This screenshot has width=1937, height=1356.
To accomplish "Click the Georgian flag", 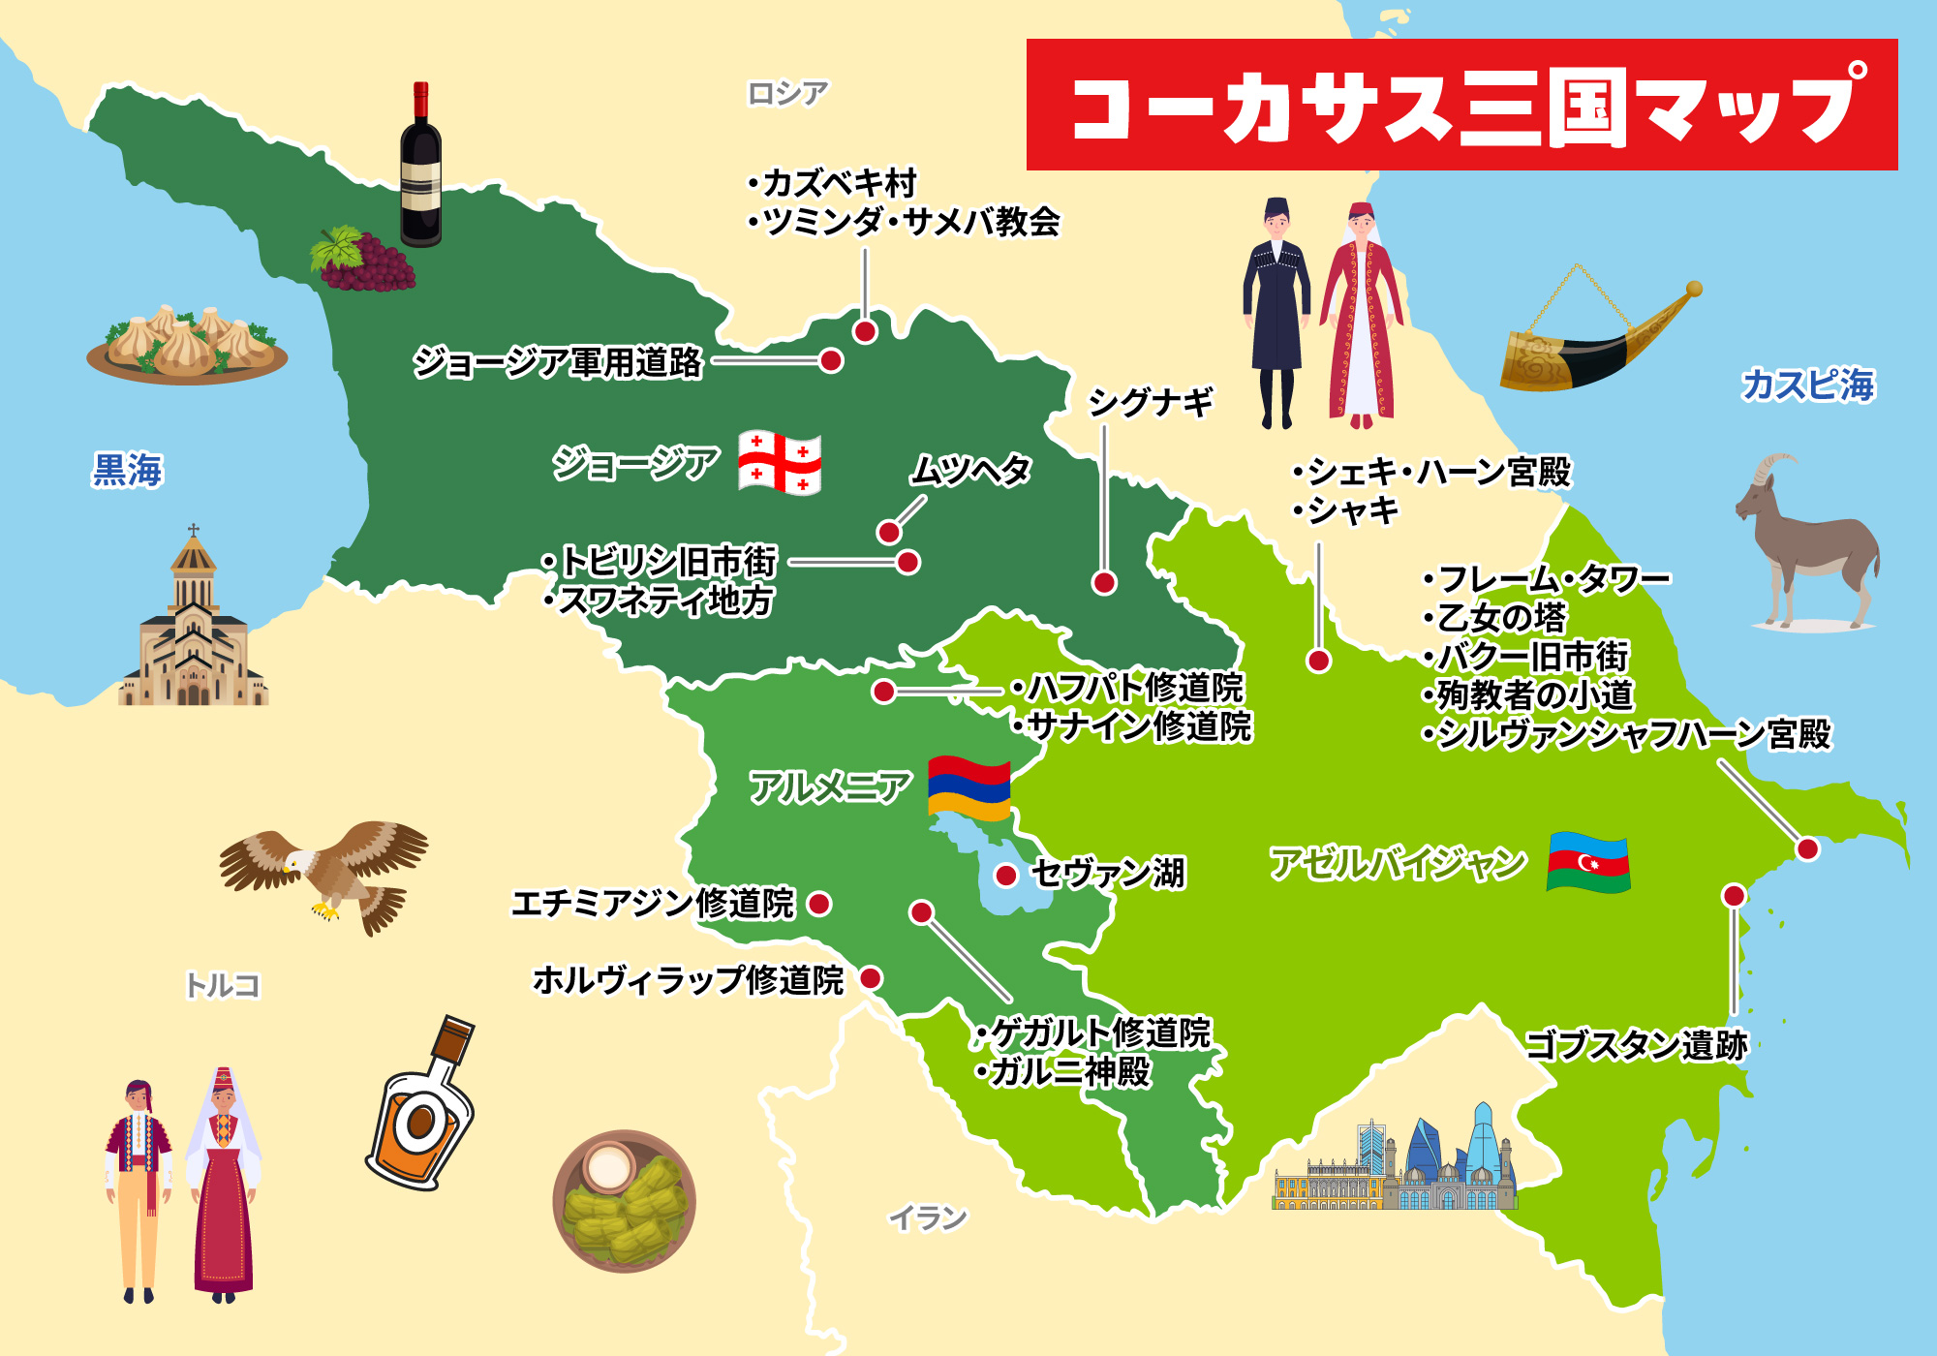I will pos(780,462).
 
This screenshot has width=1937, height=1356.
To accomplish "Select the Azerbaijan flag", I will pos(1588,861).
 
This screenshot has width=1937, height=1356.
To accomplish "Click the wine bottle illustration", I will pos(421,167).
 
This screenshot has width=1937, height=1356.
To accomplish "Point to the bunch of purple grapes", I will pos(364,260).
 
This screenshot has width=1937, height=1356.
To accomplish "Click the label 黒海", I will pos(128,471).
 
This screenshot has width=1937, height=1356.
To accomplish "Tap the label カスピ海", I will pos(1807,385).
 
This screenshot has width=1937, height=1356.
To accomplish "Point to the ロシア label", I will pos(787,94).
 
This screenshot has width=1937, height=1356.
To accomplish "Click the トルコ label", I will pos(223,985).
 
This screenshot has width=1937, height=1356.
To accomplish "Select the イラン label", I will pos(928,1217).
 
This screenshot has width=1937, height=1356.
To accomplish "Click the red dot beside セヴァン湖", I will pos(1006,876).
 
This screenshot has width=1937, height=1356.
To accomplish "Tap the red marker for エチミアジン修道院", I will pos(819,904).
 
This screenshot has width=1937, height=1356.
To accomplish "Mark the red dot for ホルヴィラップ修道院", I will pos(871,978).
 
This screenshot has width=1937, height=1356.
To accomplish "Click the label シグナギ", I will pos(1151,402).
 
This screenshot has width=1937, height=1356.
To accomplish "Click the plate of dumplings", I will pos(187,347).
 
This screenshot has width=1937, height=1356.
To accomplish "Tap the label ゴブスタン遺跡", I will pos(1636,1045).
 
